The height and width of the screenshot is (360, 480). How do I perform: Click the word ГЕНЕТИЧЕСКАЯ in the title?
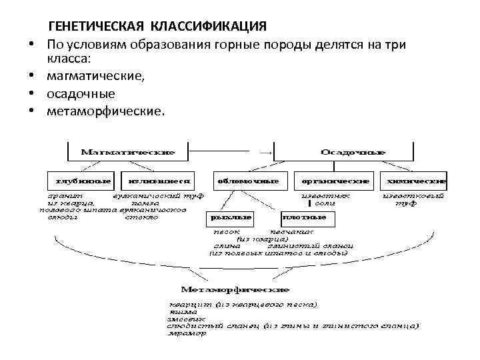97,26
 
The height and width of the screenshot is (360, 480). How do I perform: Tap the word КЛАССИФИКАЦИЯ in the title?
209,26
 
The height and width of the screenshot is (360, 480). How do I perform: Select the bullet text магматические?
95,77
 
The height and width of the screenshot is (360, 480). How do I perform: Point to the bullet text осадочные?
81,93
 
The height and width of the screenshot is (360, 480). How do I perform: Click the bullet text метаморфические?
105,110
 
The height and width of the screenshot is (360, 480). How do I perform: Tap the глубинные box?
79,181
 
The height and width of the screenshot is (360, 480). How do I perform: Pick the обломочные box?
247,181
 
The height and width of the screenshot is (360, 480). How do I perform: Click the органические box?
335,181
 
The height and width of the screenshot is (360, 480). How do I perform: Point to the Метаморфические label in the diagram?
235,290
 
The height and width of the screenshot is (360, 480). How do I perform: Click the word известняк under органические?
327,197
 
